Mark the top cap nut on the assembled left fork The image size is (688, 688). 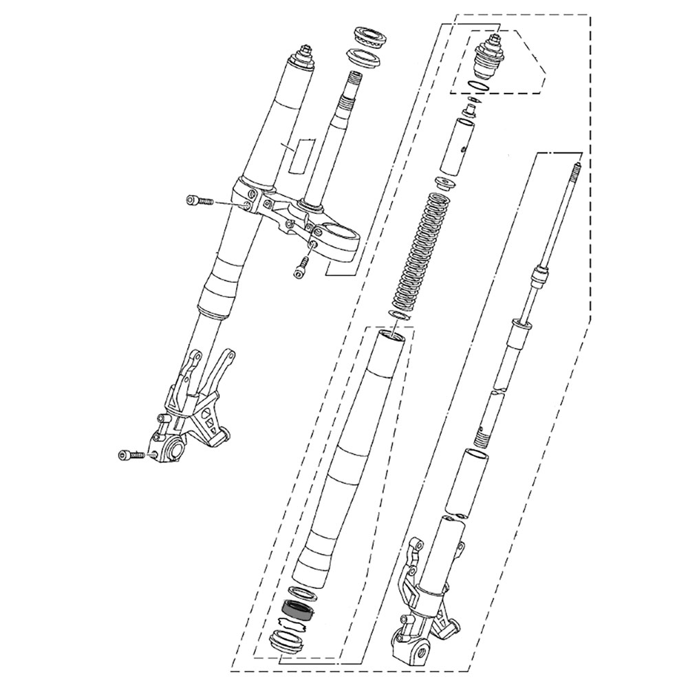304,55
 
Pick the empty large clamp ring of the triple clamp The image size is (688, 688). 340,235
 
